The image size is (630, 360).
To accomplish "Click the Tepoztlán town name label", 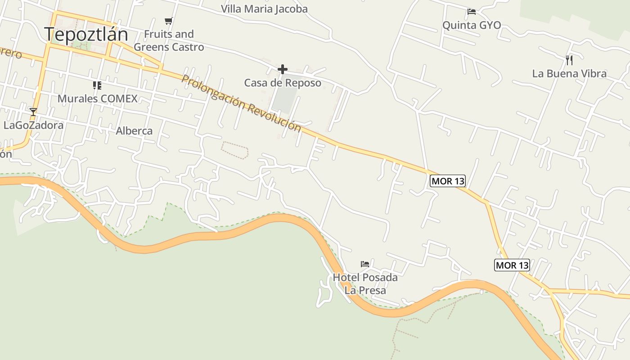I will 86,34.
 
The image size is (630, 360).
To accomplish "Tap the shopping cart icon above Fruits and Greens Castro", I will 169,21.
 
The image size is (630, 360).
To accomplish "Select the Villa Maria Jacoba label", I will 264,9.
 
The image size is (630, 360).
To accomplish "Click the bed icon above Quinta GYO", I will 472,12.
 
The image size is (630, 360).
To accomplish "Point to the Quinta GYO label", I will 472,25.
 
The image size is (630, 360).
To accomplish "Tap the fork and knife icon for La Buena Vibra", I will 569,60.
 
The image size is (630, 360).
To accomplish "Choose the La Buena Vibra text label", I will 569,73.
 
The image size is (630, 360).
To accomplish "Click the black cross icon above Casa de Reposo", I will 283,69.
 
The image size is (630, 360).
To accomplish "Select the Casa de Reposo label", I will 283,83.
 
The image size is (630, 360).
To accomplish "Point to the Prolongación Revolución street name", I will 241,103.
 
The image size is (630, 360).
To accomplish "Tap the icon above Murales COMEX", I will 97,85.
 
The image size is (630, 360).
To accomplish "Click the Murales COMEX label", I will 97,99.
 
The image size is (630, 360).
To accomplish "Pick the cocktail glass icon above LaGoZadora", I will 33,112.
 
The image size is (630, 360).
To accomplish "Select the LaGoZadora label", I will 33,125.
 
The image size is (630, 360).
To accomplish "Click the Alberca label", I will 134,131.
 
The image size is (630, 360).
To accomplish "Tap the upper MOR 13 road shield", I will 447,181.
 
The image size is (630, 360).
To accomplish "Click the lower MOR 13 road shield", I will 512,265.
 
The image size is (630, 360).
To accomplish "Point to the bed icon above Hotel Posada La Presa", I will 365,264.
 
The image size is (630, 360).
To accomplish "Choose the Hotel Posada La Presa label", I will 365,283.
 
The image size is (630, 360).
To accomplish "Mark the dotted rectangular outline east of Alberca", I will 235,150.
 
